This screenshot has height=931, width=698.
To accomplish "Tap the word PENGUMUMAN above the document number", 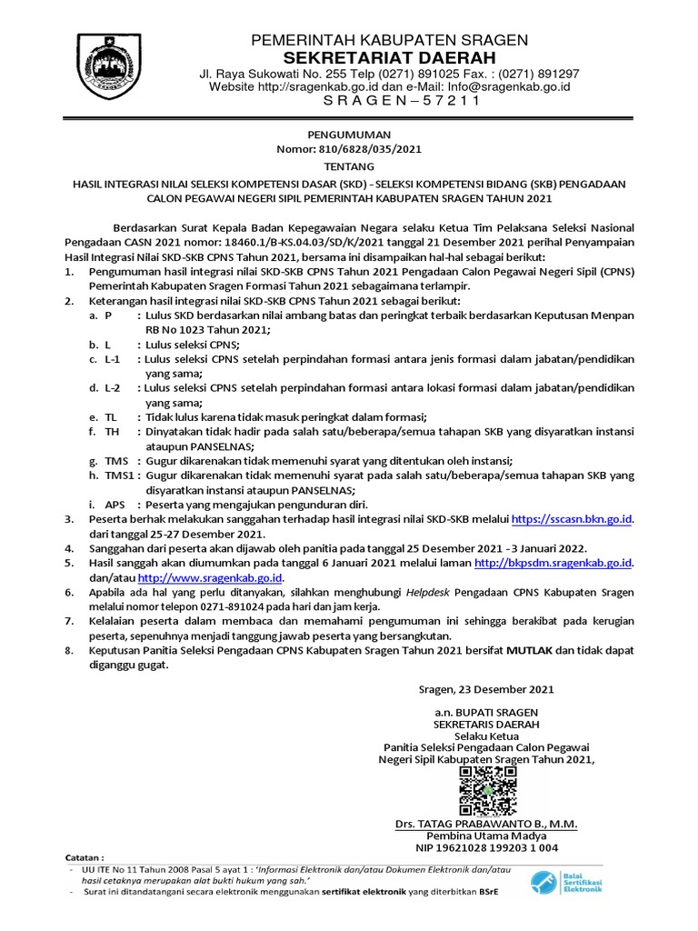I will (x=350, y=133).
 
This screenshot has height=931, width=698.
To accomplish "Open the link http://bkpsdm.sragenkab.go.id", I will (x=553, y=564).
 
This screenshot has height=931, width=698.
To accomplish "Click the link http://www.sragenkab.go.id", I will (x=211, y=577).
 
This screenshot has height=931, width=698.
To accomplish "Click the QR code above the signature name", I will (x=488, y=790).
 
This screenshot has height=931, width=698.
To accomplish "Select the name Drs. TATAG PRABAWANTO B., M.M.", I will (x=487, y=824).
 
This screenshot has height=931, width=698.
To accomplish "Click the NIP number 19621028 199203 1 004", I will (x=487, y=848).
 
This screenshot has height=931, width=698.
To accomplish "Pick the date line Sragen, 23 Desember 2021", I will (x=486, y=690).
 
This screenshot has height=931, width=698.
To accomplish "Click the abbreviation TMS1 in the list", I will (x=119, y=476).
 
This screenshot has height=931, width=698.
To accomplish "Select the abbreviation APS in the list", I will (x=115, y=504).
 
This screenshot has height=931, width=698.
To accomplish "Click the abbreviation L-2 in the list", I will (x=112, y=387).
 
